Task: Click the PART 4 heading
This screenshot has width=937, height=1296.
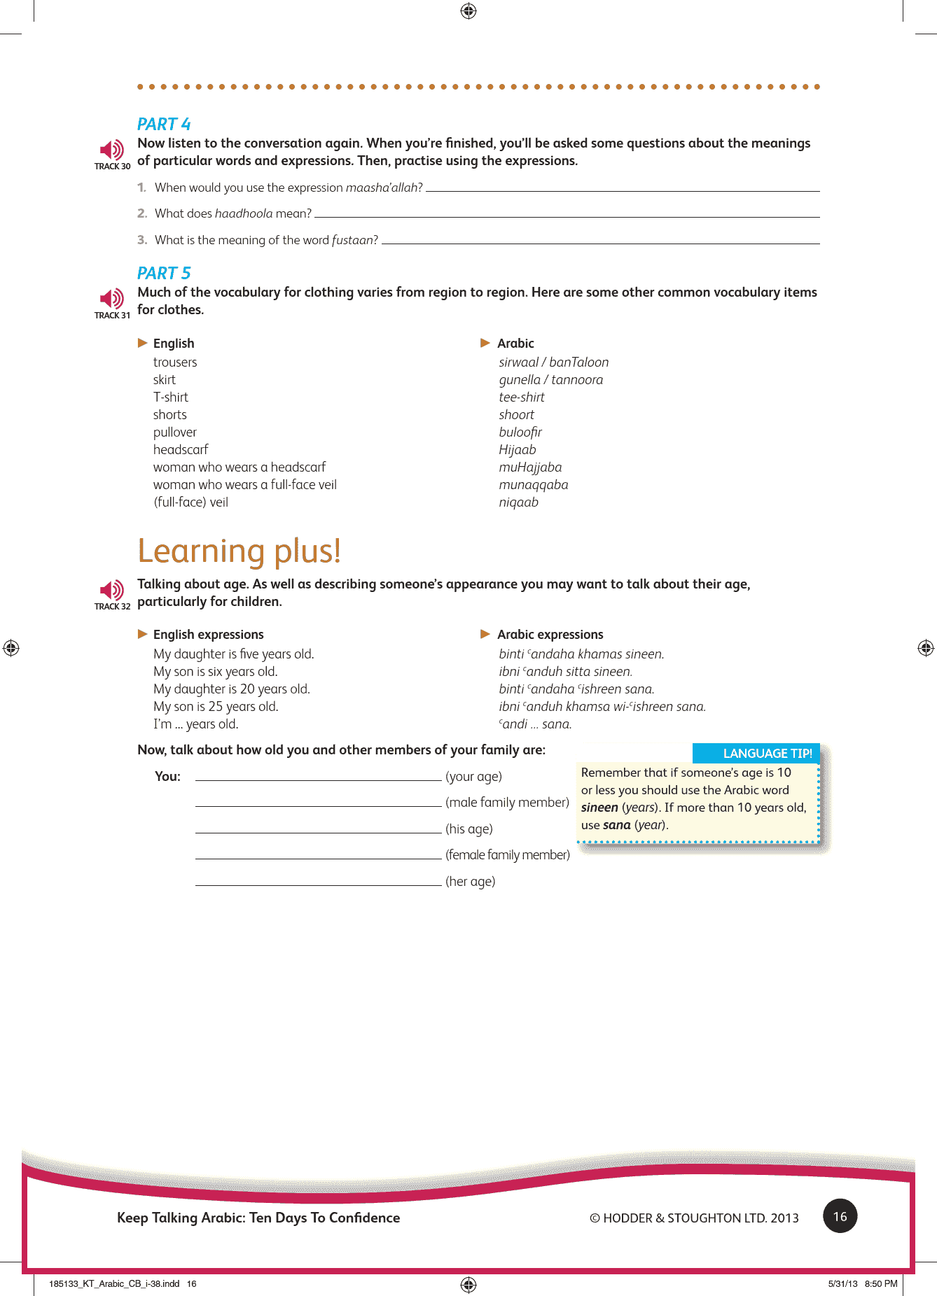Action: tap(164, 124)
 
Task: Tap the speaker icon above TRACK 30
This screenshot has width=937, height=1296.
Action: tap(111, 150)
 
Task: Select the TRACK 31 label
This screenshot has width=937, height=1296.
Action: tap(112, 316)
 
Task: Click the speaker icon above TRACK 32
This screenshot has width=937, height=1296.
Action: tap(111, 590)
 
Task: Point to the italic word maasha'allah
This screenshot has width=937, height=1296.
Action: tap(384, 188)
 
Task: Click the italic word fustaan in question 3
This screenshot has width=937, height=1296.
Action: tap(354, 240)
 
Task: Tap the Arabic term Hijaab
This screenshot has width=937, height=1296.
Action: tap(517, 449)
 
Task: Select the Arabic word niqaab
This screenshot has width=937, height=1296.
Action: tap(518, 502)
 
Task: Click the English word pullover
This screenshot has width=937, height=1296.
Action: tap(175, 432)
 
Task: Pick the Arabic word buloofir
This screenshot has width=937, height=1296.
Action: tap(520, 432)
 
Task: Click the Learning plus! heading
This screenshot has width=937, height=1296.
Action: tap(239, 551)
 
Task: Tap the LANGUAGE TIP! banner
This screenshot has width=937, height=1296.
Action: tap(756, 753)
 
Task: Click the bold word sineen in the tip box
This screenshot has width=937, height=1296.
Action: tap(599, 808)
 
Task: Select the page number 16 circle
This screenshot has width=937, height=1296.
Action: tap(840, 1216)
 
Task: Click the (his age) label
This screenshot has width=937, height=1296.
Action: tap(469, 829)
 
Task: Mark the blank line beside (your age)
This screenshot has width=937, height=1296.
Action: tap(318, 778)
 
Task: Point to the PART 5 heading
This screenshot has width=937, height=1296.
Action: tap(164, 273)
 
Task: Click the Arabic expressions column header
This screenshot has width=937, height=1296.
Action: tap(550, 634)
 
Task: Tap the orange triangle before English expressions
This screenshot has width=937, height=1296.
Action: tap(143, 634)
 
